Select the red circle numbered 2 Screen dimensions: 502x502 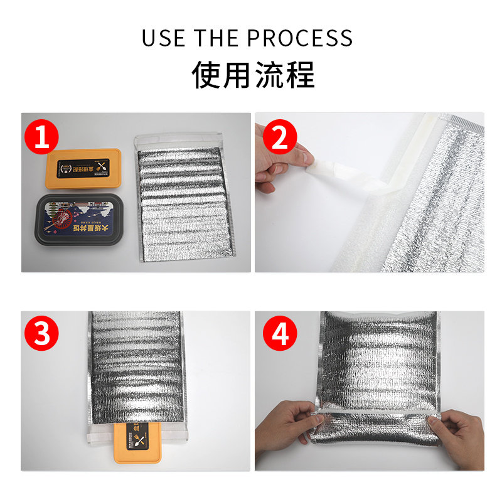pos(280,138)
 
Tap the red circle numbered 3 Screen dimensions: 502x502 pos(42,335)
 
